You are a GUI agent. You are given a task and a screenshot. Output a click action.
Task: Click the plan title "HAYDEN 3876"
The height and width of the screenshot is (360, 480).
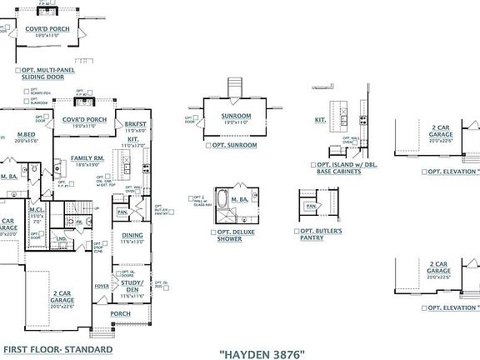262,353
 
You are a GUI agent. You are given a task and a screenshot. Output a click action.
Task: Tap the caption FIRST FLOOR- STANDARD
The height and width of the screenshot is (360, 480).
57,349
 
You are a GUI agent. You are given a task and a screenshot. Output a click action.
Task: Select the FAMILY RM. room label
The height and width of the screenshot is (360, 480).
86,157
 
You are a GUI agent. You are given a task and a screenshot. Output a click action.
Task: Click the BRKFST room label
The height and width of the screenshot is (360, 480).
135,123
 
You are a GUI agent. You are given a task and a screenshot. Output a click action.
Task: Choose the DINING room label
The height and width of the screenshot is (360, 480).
132,235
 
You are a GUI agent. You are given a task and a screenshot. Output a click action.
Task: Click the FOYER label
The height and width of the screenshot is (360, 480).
102,286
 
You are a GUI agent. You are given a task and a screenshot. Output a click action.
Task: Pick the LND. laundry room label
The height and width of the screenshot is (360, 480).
62,238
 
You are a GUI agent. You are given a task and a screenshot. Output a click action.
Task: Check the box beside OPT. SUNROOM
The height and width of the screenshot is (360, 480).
207,145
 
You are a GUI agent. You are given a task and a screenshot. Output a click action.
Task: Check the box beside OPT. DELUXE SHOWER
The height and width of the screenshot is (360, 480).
213,232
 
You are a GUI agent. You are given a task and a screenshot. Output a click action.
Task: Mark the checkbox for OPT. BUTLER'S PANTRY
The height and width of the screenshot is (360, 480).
297,232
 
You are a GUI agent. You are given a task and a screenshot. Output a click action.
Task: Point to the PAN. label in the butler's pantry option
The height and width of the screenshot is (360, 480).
310,205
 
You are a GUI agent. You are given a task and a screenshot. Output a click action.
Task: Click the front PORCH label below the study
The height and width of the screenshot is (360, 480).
120,313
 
